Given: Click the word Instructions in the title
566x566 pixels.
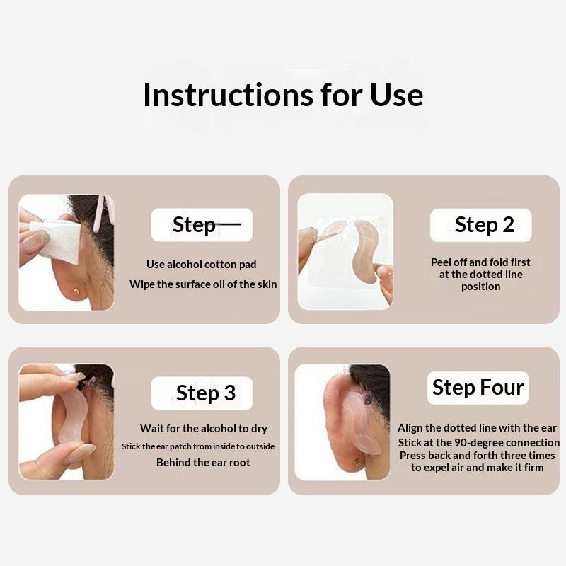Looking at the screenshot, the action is tap(228, 95).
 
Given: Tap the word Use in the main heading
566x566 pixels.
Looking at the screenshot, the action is tap(396, 95).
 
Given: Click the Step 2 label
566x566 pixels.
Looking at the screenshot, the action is tap(484, 224).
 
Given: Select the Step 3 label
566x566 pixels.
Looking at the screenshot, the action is tap(206, 393).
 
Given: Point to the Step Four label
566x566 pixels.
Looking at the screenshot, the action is tap(478, 387).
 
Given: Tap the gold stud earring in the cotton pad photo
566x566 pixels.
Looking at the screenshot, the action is tap(76, 291).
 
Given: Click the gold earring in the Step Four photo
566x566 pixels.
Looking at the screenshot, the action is tap(357, 462).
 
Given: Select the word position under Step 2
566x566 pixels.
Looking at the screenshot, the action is tap(481, 287).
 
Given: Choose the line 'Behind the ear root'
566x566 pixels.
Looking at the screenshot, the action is tap(203, 463).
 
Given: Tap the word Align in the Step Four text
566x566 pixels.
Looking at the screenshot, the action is tap(410, 428).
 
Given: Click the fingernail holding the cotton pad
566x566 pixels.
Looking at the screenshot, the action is tap(36, 239).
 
